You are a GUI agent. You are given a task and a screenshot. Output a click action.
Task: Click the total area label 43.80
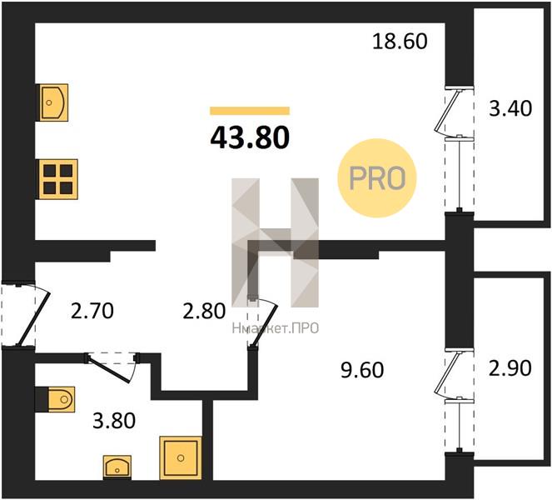coord(250,137)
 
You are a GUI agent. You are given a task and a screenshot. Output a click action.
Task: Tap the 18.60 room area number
coord(400,41)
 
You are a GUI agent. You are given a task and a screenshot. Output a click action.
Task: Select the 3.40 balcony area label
coord(510,108)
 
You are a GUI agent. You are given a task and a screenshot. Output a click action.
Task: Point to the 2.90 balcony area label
coord(510,368)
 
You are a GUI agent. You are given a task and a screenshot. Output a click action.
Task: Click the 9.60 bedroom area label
coord(362,370)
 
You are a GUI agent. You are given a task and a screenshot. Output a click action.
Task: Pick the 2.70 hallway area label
coord(92,311)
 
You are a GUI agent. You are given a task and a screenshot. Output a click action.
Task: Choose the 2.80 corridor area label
coord(204,312)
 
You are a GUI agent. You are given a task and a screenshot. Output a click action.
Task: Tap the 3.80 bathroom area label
coord(114,421)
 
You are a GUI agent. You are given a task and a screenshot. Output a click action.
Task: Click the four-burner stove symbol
coord(58,179)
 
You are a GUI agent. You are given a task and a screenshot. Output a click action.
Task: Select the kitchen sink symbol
coord(53,102)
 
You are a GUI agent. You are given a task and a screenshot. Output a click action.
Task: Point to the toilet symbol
coord(62,399)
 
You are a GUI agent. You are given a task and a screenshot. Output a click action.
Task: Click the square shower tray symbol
coord(181,458)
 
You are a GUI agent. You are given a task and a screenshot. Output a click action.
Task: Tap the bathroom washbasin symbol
coord(117,467)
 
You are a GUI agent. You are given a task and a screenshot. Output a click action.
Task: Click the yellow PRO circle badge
coord(377,178)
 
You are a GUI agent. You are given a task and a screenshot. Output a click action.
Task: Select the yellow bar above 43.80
coord(250,111)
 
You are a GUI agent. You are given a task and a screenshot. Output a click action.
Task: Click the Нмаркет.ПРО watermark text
coord(276,328)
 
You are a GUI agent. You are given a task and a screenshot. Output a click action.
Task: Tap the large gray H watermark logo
coord(276,242)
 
